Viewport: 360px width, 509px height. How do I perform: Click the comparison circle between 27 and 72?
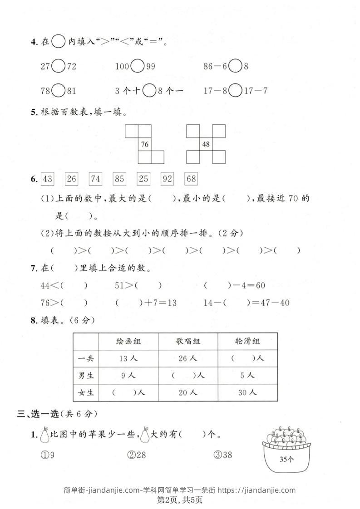(58, 66)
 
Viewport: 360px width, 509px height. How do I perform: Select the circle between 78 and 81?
(58, 91)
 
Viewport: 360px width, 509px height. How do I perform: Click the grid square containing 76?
(145, 145)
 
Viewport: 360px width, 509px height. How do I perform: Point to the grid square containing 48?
(206, 145)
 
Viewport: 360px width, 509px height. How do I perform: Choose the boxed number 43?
(47, 179)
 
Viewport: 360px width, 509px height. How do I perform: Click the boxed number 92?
(167, 179)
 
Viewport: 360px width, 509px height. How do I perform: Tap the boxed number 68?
(191, 179)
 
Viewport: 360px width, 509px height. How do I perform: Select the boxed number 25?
(143, 179)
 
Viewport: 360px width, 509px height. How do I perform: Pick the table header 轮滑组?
(247, 341)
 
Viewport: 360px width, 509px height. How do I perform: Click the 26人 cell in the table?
(188, 358)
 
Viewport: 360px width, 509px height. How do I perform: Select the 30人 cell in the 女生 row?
(247, 392)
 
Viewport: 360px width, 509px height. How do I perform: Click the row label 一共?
(86, 358)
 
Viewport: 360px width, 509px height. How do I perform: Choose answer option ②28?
(136, 455)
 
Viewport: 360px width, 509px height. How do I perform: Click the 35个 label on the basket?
(286, 459)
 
